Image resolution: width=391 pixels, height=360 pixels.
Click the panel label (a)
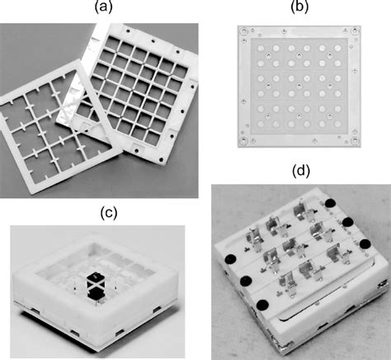tap(104, 7)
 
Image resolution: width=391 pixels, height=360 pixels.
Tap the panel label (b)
tap(299, 7)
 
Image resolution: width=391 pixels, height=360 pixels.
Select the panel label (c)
tap(109, 213)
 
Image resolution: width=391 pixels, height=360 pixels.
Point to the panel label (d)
tap(301, 171)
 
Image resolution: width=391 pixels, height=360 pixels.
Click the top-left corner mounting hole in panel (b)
tap(243, 31)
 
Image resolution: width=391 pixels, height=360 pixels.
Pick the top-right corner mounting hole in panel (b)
tap(356, 31)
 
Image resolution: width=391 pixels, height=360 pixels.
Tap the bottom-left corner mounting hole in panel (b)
tap(243, 141)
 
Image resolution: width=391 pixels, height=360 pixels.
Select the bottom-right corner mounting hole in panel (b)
tap(355, 141)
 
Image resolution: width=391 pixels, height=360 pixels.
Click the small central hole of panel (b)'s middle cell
tap(299, 86)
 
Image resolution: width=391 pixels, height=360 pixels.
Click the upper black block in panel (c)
tap(94, 278)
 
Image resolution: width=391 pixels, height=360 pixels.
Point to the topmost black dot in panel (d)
tap(331, 203)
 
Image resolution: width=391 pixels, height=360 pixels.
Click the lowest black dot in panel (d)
tap(262, 305)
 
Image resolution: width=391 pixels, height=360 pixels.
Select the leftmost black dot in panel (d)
tap(231, 259)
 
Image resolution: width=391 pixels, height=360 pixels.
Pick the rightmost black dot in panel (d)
tap(365, 244)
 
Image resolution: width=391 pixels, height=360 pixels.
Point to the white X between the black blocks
tap(94, 286)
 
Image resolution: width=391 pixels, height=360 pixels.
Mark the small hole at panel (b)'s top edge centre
tap(284, 31)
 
